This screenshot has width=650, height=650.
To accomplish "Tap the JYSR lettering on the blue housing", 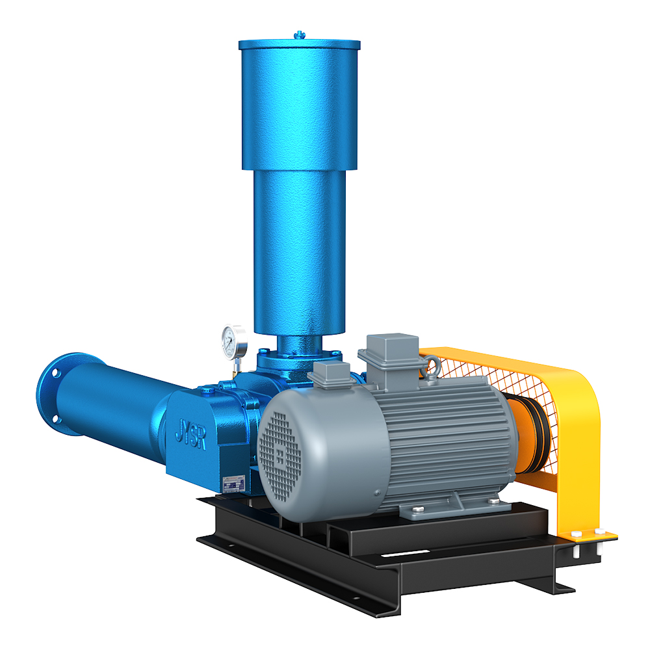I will point(190,430).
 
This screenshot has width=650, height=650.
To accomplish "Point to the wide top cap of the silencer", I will point(299,104).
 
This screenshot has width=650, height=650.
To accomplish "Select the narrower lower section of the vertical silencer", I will point(298,247).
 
